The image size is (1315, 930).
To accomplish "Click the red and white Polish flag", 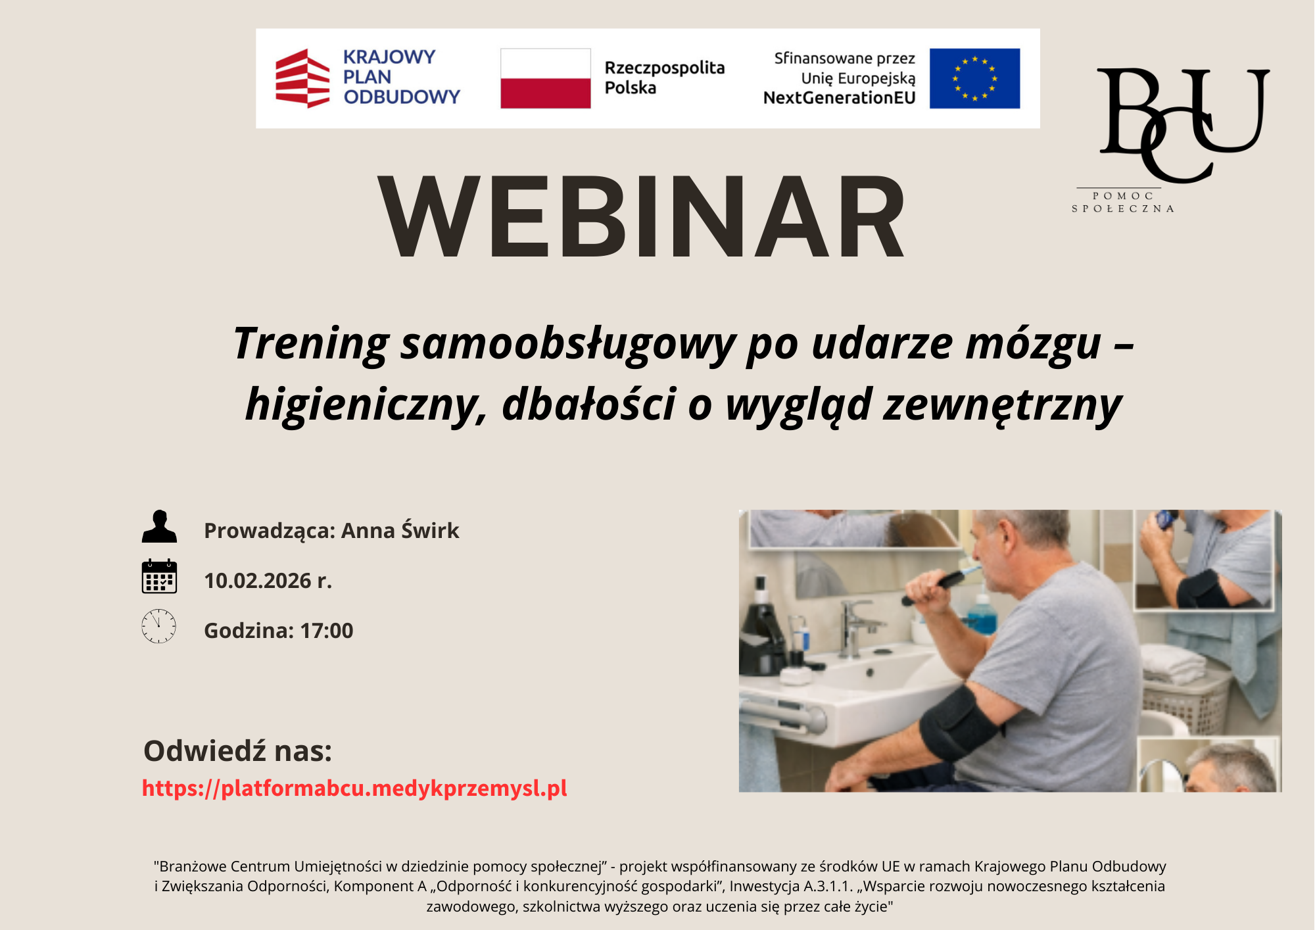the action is pos(545,78).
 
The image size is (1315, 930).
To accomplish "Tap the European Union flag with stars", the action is pos(974,78).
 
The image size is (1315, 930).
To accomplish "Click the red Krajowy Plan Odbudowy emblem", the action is pos(302,78).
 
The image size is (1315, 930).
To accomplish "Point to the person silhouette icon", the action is pos(159,526).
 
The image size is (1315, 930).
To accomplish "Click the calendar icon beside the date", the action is pos(159,576).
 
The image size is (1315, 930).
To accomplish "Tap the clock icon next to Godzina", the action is pos(159,626).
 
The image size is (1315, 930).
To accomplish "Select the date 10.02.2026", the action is pos(258,581).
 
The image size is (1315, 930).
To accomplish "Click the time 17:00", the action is pos(327,631).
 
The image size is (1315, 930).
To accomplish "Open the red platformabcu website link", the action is pos(354,788).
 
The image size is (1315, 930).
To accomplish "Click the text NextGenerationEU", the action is pos(839,98).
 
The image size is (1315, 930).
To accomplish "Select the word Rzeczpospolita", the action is pos(665,68).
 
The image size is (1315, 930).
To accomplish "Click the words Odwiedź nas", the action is pos(237,750).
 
